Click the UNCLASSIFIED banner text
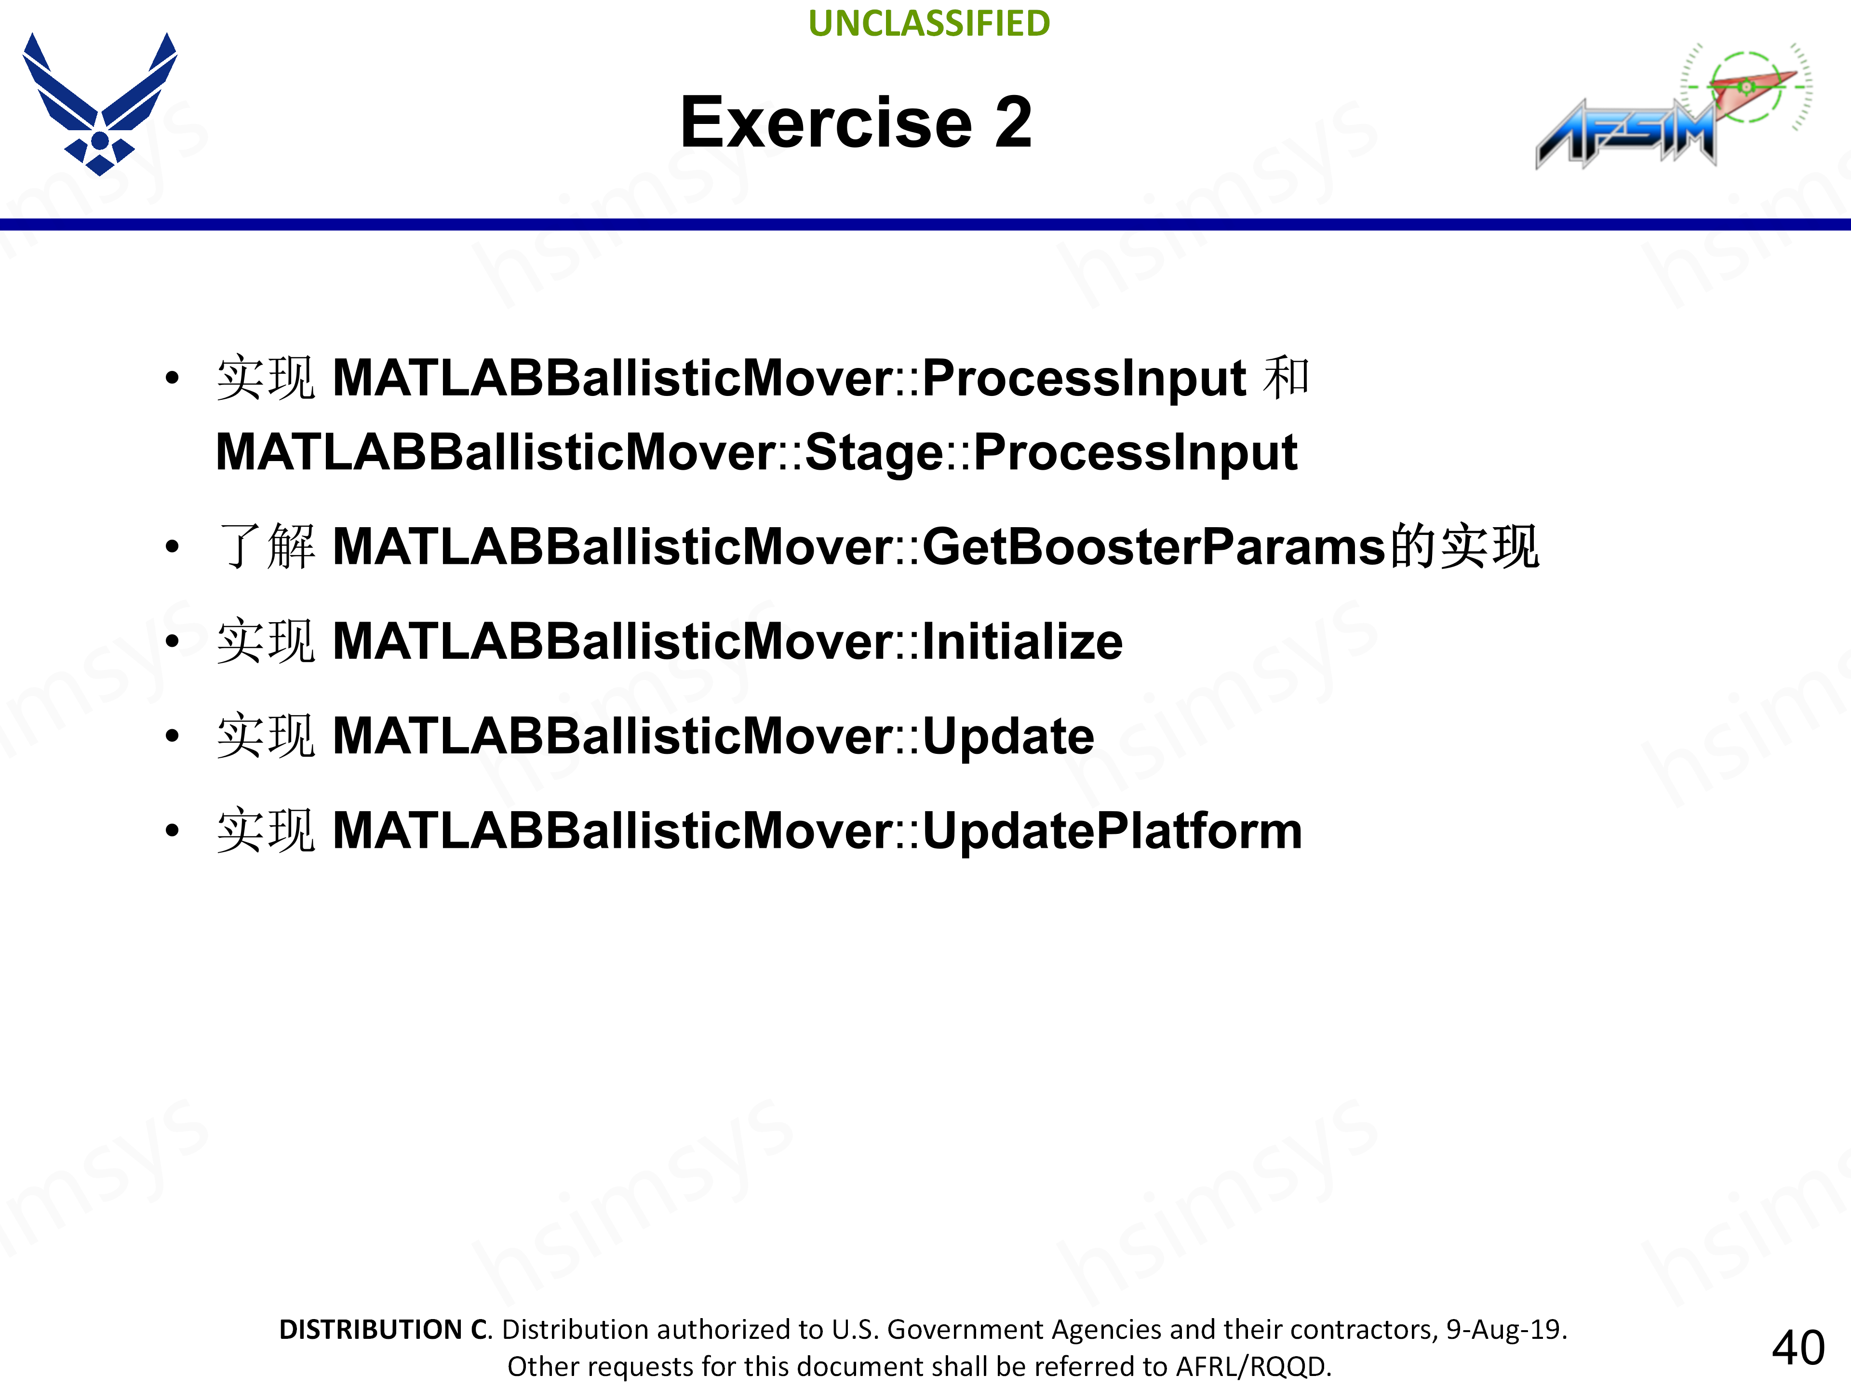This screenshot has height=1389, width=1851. click(x=929, y=24)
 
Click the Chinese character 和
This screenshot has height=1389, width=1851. click(x=1286, y=378)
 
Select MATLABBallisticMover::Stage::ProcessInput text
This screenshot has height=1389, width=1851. click(x=756, y=453)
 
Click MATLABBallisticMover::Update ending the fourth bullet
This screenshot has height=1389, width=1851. click(x=713, y=737)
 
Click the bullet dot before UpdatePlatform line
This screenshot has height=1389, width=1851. click(x=173, y=831)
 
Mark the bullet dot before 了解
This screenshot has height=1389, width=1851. click(x=173, y=547)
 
